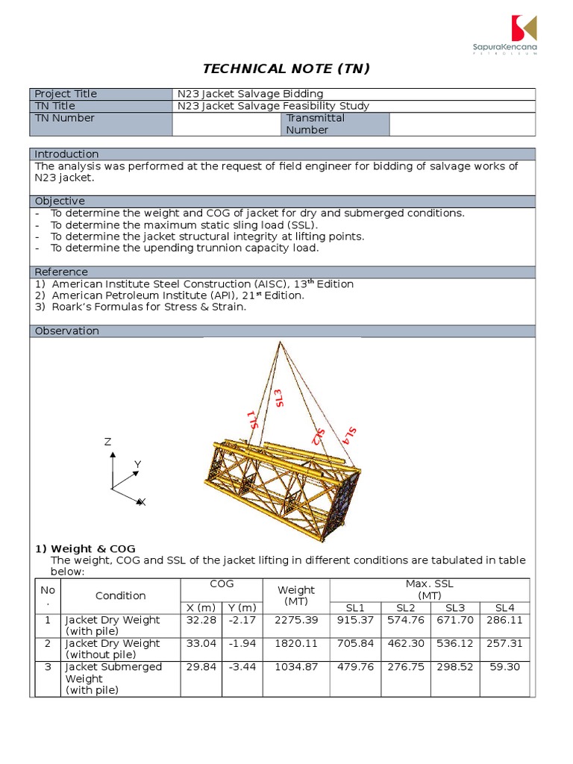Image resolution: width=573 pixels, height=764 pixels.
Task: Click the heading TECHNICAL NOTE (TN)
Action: coord(286,69)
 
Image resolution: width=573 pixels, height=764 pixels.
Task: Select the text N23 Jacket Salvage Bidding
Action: coord(250,94)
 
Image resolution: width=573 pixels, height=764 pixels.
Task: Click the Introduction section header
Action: coord(66,154)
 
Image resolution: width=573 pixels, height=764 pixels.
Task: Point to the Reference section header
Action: coord(61,272)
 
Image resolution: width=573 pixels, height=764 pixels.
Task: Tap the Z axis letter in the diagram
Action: coord(107,442)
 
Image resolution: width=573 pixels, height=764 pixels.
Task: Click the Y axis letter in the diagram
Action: coord(137,465)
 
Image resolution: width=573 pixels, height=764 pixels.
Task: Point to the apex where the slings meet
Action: coord(280,342)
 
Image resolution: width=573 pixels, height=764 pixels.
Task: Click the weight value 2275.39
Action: coord(296,620)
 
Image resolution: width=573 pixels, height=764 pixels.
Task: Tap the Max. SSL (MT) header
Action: coord(429,589)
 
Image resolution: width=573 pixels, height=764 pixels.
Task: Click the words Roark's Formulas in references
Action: coord(104,307)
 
